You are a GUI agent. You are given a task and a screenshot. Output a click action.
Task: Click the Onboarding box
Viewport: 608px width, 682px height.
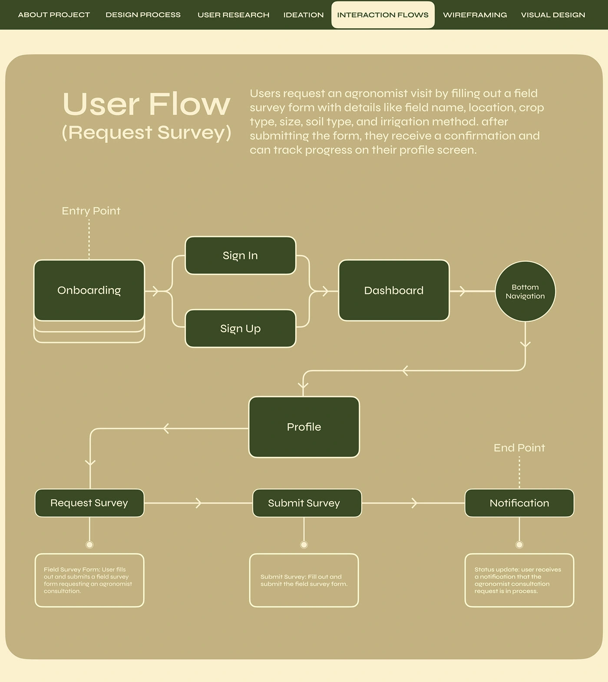click(89, 290)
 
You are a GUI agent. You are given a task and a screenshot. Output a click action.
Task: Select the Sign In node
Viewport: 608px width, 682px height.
click(240, 256)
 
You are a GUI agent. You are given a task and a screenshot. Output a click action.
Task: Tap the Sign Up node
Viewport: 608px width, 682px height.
click(240, 329)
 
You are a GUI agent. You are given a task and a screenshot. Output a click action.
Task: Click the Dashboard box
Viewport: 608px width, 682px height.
click(393, 290)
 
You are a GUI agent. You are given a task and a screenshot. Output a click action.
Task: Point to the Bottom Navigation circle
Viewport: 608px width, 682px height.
click(525, 291)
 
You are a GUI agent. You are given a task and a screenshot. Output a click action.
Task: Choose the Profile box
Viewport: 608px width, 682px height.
click(304, 427)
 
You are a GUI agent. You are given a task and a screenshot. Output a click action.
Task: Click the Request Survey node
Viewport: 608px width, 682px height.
click(89, 503)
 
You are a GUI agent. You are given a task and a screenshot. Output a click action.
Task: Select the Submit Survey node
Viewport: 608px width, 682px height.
click(304, 503)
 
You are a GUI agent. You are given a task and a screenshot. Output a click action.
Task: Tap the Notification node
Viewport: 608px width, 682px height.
click(519, 503)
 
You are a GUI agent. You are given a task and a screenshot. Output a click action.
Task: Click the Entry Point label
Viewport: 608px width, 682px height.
click(91, 211)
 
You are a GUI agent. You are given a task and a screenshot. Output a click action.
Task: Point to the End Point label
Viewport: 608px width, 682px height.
click(519, 448)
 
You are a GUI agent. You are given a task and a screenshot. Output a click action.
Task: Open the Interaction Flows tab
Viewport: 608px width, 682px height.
click(383, 15)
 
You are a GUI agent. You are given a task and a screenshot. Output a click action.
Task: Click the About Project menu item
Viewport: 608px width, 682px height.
click(54, 15)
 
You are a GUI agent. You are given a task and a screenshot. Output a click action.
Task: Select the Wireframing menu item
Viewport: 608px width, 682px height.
click(475, 15)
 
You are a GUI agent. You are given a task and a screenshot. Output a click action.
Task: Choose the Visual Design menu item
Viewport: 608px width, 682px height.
click(553, 15)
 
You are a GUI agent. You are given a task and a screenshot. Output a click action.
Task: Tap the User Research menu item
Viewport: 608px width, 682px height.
click(233, 15)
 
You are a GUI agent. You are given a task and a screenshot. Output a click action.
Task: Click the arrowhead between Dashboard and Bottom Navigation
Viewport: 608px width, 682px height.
click(462, 291)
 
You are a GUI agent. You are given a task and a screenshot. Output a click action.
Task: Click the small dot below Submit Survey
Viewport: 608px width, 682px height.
click(304, 545)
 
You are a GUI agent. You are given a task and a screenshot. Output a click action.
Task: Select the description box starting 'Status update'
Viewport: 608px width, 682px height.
click(519, 580)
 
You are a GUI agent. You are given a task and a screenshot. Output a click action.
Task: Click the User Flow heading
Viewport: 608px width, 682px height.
click(146, 104)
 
